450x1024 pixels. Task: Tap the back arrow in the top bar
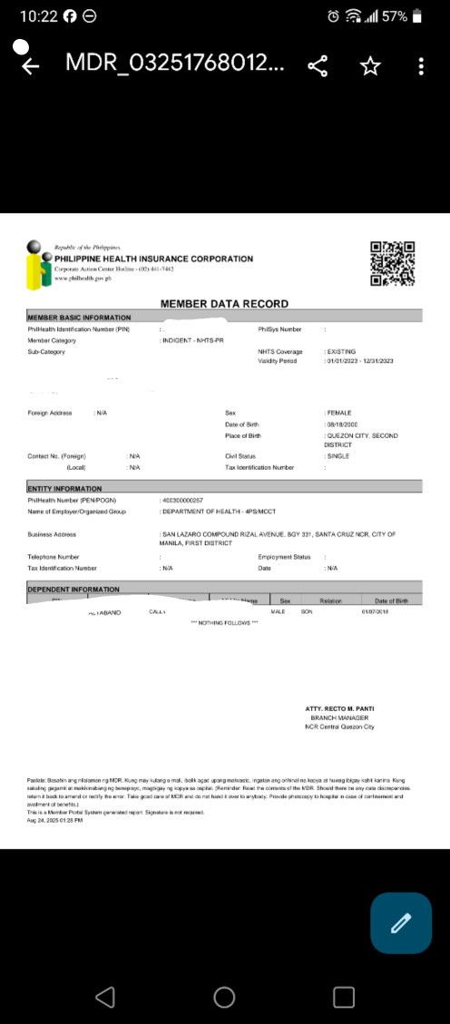click(30, 66)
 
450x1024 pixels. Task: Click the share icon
click(318, 66)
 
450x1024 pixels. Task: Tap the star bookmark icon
click(369, 66)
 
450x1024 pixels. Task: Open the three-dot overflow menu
click(421, 66)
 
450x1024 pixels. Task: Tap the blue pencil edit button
click(400, 923)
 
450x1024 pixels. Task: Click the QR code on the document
click(393, 264)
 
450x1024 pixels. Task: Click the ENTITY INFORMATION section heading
click(64, 489)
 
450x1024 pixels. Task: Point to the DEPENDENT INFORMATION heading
click(73, 590)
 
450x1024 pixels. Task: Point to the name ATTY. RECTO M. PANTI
click(340, 708)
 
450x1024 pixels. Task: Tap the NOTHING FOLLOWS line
click(224, 622)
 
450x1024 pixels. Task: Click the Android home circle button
click(224, 997)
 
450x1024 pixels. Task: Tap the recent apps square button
click(344, 997)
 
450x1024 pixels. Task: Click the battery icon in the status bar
click(417, 16)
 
